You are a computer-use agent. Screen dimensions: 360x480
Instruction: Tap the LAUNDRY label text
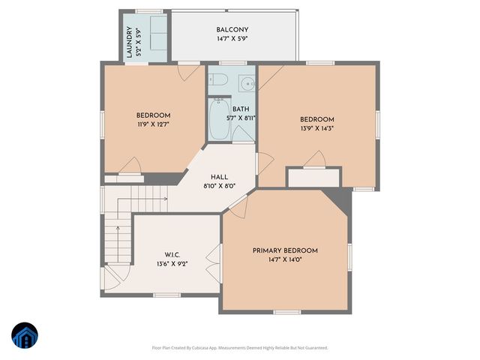point(130,42)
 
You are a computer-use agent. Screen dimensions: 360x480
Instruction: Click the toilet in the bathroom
point(245,83)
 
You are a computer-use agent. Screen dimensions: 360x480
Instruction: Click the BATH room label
point(241,109)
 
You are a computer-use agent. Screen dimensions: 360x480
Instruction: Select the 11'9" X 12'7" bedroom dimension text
point(153,124)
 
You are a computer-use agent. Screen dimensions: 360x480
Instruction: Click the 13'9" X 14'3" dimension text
point(316,128)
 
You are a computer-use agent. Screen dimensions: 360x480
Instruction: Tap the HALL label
point(220,177)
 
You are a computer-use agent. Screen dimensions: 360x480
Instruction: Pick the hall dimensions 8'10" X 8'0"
point(220,186)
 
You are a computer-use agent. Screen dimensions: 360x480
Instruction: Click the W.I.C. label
point(172,255)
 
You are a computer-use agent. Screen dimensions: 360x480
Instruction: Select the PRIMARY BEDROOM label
point(285,250)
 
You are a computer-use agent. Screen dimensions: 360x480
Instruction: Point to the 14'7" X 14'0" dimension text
point(285,259)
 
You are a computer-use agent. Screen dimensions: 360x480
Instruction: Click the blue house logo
point(24,336)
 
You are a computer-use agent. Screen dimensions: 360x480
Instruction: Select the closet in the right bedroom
point(313,178)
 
